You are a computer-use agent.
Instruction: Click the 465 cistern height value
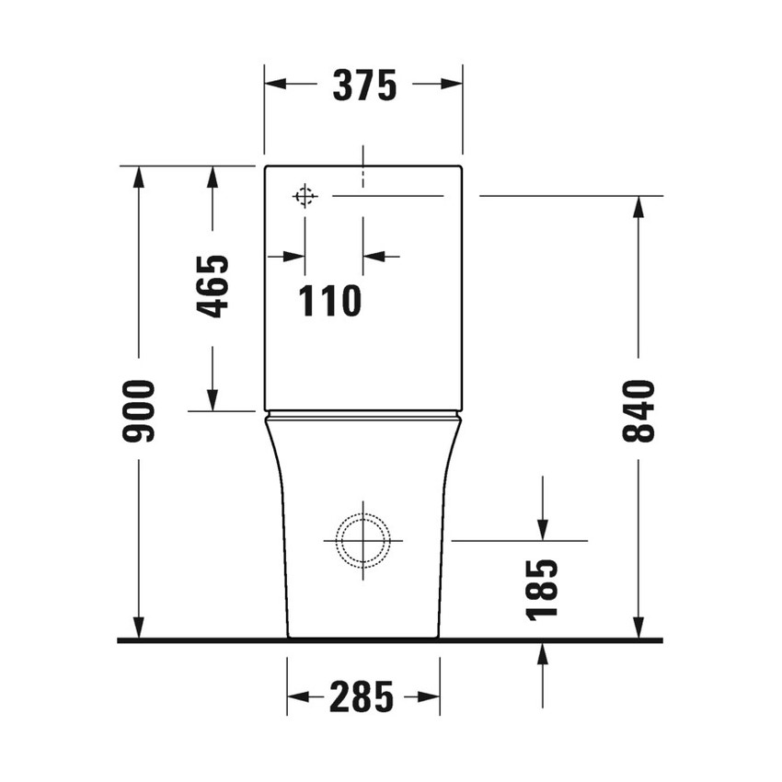pos(213,286)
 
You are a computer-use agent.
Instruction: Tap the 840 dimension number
pos(638,409)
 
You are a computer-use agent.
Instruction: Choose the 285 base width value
pos(362,696)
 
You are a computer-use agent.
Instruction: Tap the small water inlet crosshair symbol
pos(305,196)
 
